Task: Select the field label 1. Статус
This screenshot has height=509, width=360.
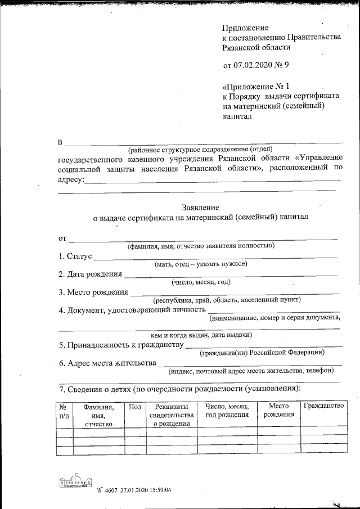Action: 75,256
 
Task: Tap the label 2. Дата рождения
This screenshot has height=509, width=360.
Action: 90,274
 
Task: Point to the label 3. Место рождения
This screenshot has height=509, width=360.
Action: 93,292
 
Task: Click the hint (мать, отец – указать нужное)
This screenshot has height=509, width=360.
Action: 201,264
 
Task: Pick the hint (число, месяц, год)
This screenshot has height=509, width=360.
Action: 201,282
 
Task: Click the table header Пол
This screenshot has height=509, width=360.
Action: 135,406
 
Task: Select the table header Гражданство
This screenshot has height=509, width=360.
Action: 323,406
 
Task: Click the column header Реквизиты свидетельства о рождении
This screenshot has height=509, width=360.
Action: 172,415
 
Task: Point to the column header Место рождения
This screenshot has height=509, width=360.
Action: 278,410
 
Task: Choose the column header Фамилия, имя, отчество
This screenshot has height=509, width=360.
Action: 98,415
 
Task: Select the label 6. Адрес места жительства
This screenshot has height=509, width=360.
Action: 107,363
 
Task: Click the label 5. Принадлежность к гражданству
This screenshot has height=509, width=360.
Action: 121,345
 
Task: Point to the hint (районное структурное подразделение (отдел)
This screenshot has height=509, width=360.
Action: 200,150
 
